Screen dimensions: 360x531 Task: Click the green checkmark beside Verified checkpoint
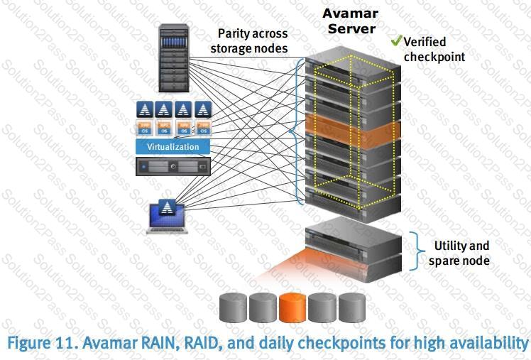[396, 41]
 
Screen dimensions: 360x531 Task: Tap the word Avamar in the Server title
[350, 13]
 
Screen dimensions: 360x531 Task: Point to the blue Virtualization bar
[173, 147]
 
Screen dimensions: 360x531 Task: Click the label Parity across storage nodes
[253, 40]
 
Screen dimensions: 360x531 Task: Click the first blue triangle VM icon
[145, 110]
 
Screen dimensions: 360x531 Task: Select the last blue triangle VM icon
[204, 110]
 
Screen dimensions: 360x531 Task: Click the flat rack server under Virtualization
[173, 167]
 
